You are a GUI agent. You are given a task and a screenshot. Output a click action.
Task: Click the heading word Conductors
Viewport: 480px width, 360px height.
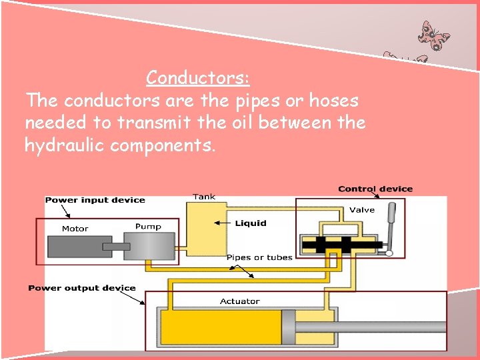click(x=198, y=78)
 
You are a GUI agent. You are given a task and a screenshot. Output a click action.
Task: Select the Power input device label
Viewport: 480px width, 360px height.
click(x=95, y=200)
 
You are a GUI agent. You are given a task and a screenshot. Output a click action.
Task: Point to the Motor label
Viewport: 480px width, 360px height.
click(x=75, y=229)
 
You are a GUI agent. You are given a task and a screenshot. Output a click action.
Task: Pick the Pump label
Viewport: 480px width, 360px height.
click(x=148, y=227)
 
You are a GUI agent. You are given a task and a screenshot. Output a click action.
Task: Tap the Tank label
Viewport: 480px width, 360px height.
click(x=204, y=197)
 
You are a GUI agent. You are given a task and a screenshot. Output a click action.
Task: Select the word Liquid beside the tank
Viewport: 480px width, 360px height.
click(x=251, y=223)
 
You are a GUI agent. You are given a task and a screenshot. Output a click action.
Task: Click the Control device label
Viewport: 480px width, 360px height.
click(x=375, y=189)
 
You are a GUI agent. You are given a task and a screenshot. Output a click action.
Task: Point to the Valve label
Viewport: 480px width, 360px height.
click(x=362, y=210)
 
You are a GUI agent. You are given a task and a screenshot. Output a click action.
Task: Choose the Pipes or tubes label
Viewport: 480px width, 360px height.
click(x=259, y=257)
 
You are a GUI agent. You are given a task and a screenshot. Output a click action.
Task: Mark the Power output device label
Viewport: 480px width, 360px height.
click(x=82, y=288)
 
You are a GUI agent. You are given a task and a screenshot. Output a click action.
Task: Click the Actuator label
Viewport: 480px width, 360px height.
click(x=240, y=301)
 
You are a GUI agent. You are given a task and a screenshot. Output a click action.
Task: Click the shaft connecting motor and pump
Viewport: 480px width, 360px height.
click(x=117, y=247)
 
